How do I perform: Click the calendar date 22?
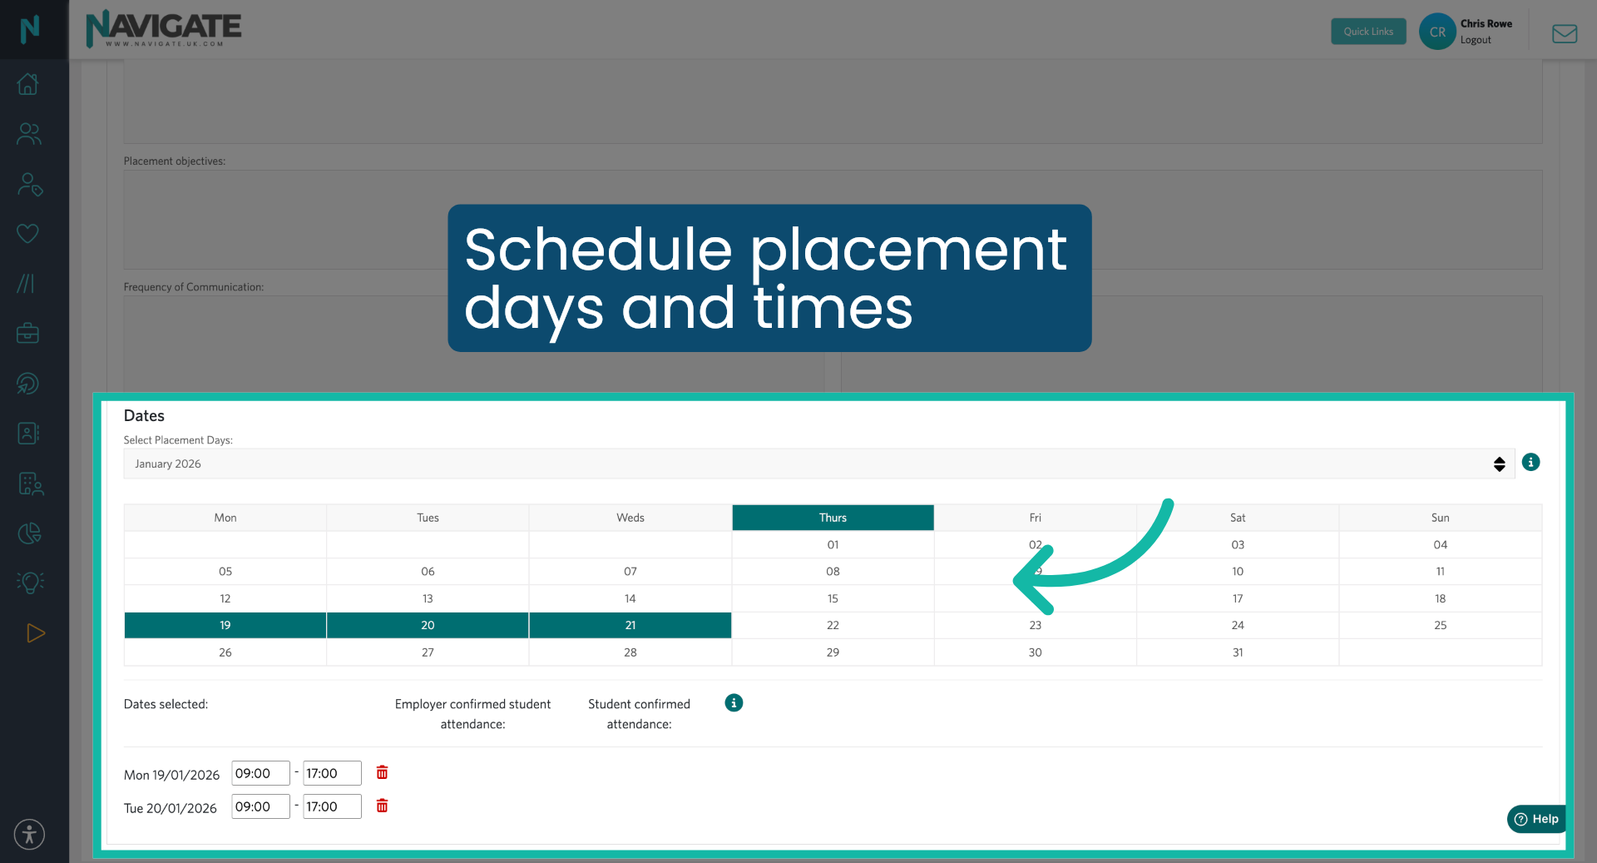(x=833, y=625)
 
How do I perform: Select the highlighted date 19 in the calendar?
(x=225, y=625)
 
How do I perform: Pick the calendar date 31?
(x=1238, y=652)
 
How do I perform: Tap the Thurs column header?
(x=833, y=518)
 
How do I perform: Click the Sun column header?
(x=1440, y=518)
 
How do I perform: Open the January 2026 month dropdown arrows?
(x=1499, y=464)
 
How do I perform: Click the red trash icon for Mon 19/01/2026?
(x=382, y=772)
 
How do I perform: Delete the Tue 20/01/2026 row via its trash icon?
(x=382, y=806)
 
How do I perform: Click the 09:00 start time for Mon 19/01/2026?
(x=260, y=773)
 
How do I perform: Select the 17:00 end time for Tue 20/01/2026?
(x=332, y=806)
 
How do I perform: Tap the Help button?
(x=1536, y=819)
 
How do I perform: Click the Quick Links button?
(x=1368, y=32)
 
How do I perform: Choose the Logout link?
(x=1476, y=40)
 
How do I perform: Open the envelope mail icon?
(x=1565, y=33)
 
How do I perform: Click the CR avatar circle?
(x=1437, y=32)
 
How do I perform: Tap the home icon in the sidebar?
(x=28, y=84)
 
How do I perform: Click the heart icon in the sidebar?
(x=28, y=234)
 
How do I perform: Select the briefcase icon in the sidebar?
(x=28, y=334)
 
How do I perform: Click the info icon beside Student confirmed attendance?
(x=734, y=703)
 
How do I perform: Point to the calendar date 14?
(x=630, y=598)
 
